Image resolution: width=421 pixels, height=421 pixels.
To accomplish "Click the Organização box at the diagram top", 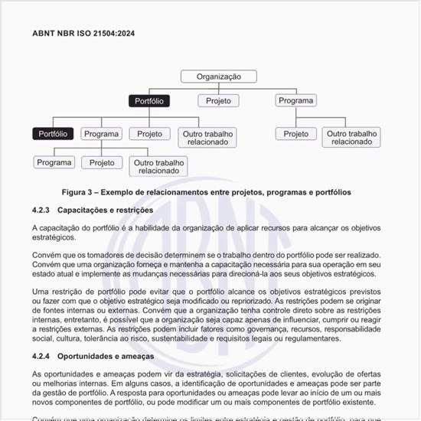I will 218,77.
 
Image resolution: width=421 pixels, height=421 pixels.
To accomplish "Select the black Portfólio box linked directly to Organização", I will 148,101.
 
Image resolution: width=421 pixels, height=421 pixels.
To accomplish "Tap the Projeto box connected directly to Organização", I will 218,101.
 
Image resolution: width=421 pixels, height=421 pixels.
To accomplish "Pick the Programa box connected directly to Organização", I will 295,101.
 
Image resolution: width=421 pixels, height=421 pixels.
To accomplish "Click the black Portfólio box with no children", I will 52,134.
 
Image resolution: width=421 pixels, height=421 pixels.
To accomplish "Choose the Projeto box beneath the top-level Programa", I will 295,134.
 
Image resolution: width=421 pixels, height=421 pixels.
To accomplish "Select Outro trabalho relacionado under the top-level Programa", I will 352,138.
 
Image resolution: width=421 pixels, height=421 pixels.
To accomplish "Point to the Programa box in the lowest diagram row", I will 54,163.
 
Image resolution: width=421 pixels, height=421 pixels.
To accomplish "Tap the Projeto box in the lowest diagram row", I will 102,163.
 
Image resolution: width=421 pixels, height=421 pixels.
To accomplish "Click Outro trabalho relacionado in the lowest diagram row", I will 158,167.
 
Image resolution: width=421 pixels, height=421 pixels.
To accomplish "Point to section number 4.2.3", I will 41,210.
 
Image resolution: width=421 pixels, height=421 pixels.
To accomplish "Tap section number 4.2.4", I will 41,357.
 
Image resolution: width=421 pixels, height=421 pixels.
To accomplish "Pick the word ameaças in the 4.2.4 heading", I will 137,357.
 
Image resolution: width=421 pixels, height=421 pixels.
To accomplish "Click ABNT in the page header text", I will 43,34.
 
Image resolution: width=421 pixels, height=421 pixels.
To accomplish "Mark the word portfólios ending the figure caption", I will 330,193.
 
